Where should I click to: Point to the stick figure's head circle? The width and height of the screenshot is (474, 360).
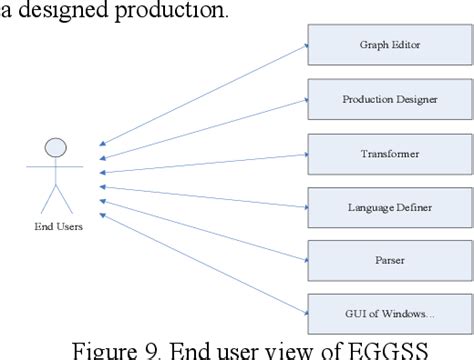[56, 147]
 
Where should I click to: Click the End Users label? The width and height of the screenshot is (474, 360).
[56, 227]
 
